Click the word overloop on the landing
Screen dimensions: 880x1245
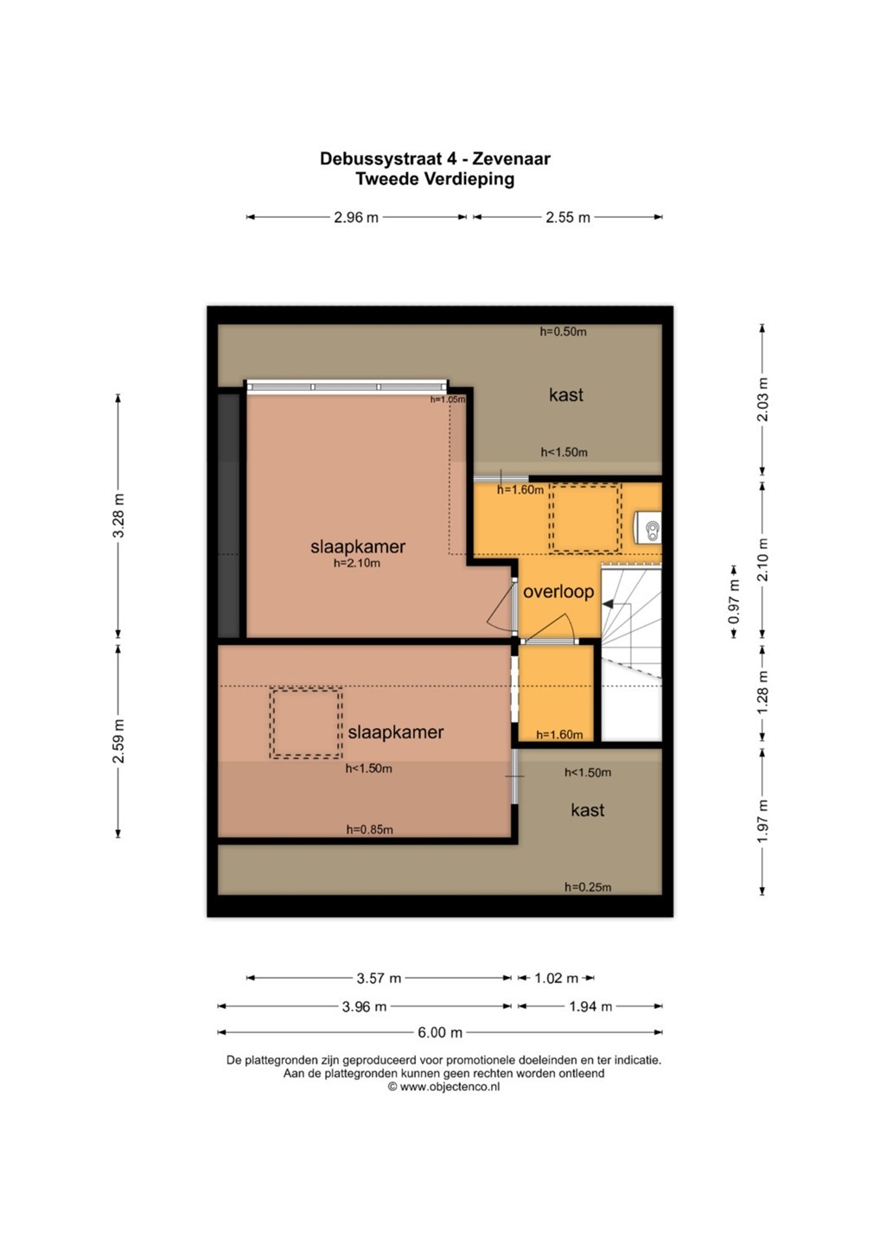(558, 592)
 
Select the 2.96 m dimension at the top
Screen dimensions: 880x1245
(356, 217)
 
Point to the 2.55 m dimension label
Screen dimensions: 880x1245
(568, 217)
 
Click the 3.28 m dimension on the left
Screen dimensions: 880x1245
(118, 516)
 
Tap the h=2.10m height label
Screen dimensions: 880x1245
(357, 563)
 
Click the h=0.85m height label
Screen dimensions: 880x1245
(369, 830)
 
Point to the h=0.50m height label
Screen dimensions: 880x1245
(564, 332)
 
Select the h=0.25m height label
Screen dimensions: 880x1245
(588, 887)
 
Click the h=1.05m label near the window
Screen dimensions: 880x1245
(448, 399)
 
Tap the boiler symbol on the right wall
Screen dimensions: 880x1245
(647, 527)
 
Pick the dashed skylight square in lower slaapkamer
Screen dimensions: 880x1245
(306, 723)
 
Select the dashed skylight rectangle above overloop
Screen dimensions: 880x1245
(585, 518)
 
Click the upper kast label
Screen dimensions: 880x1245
(566, 395)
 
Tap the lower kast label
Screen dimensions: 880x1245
(587, 810)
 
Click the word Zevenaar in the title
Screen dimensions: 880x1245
(511, 159)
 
